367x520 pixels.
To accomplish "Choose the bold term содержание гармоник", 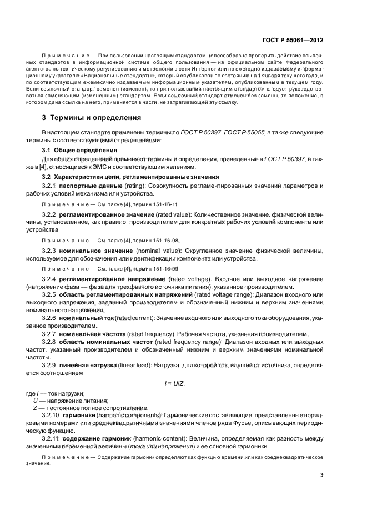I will click(94, 438).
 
